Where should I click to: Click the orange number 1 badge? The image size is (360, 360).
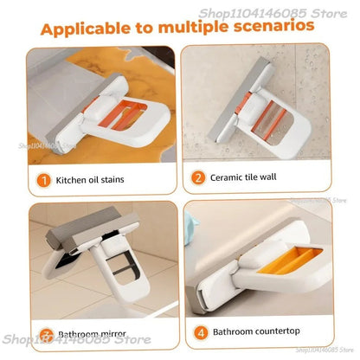(x=42, y=182)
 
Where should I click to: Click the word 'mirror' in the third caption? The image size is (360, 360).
(x=119, y=333)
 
